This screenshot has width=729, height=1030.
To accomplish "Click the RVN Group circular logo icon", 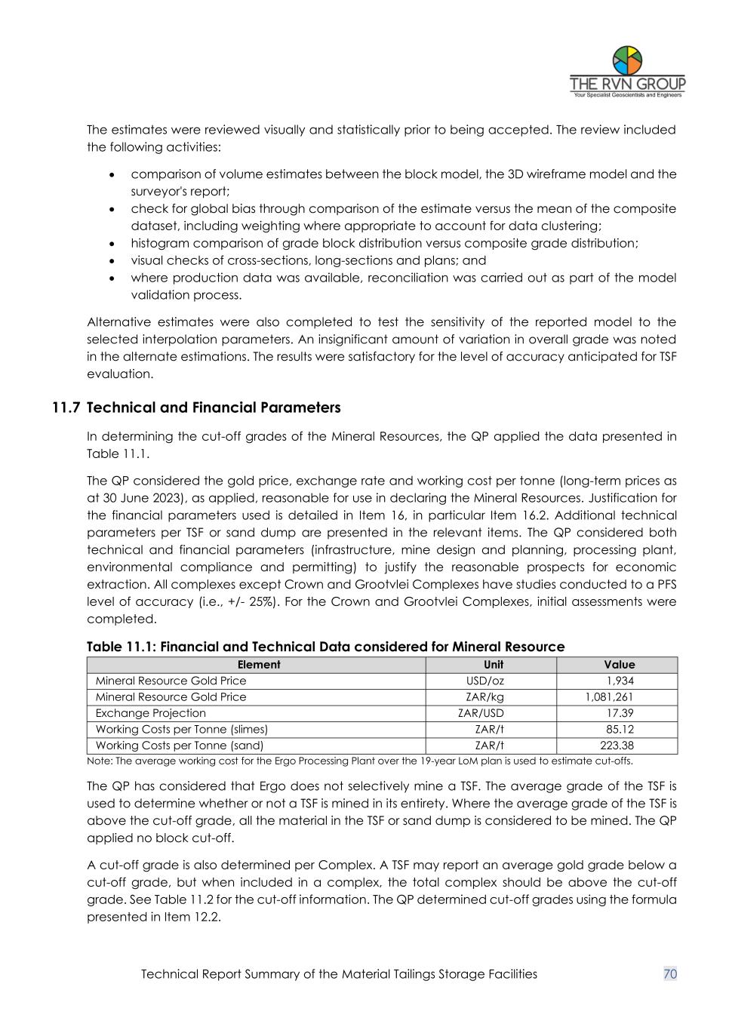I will pyautogui.click(x=627, y=60).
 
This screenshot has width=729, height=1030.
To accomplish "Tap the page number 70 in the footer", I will pyautogui.click(x=670, y=974).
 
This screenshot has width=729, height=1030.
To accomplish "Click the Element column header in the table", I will pyautogui.click(x=259, y=665).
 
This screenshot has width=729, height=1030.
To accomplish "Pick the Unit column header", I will pyautogui.click(x=494, y=665).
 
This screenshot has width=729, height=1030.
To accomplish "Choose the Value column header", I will pyautogui.click(x=620, y=665).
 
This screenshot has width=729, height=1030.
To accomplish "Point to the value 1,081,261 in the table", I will pyautogui.click(x=610, y=697).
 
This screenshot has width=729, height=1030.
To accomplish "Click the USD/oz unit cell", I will pyautogui.click(x=485, y=681).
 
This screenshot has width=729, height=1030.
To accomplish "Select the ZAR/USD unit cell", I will pyautogui.click(x=481, y=713).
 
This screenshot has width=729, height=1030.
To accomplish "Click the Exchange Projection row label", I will pyautogui.click(x=151, y=713).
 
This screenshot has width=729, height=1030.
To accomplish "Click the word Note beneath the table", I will pyautogui.click(x=99, y=761).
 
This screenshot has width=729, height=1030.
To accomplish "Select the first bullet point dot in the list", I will pyautogui.click(x=112, y=174).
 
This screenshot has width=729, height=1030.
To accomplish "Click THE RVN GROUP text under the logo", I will pyautogui.click(x=627, y=84).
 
